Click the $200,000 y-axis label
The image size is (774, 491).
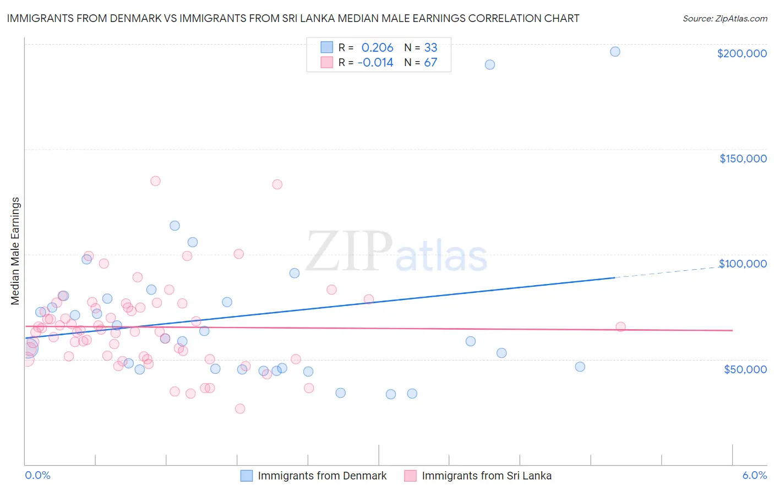click(742, 53)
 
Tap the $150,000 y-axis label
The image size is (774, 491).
click(743, 159)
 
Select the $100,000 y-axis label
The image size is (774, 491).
click(743, 264)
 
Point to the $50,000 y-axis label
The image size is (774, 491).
click(745, 369)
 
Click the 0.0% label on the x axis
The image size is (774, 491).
click(37, 475)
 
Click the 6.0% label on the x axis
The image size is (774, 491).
click(754, 475)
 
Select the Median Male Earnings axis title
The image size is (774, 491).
click(15, 250)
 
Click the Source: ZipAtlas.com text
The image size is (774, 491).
click(724, 19)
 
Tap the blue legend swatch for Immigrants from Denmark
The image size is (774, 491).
click(246, 476)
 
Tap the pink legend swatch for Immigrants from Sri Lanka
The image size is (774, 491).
click(410, 476)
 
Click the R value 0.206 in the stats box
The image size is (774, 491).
click(377, 48)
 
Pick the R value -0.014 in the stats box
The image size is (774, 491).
click(375, 63)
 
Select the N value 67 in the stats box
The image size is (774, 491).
click(430, 63)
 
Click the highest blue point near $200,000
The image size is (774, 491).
click(615, 52)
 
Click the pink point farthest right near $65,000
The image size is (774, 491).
click(620, 327)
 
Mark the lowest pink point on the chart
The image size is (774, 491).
click(240, 408)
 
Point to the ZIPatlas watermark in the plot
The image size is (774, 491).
click(396, 252)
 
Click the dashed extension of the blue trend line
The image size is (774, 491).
click(672, 271)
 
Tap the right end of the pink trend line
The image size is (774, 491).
click(732, 330)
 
